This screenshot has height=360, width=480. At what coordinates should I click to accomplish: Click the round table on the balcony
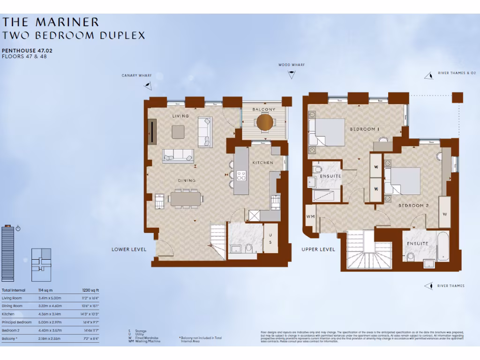265,122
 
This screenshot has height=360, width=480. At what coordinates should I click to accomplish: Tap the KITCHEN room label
262,163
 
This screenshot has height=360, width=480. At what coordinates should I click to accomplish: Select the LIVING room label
180,116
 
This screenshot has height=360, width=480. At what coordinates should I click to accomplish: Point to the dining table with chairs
186,198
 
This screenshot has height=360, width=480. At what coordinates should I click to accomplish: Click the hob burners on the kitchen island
242,176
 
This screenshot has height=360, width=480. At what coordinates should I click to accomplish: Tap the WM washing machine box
310,216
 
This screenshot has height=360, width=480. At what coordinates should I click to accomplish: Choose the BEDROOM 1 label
365,129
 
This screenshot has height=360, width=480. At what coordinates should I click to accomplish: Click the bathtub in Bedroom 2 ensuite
442,246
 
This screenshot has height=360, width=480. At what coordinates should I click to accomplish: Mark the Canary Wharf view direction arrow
148,85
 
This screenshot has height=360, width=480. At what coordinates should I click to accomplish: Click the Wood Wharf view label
291,65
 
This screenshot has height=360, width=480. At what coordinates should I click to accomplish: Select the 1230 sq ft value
90,291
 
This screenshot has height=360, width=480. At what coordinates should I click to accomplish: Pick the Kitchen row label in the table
8,314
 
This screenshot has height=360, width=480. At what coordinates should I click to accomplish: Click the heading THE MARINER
51,22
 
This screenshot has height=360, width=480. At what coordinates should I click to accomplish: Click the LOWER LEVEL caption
129,249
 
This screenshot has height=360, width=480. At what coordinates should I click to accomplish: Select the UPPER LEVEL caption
318,249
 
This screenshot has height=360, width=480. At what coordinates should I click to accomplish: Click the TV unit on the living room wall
152,131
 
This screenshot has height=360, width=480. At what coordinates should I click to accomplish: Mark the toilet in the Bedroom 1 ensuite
317,168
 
